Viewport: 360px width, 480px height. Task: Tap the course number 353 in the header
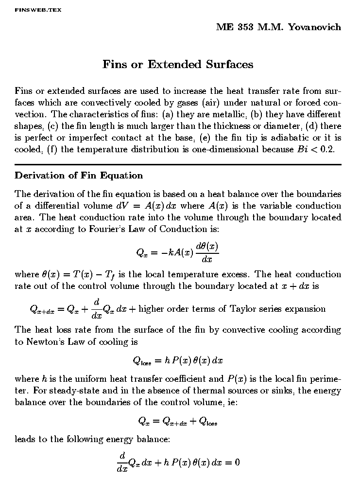(x=246, y=27)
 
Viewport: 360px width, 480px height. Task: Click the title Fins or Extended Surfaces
(x=178, y=65)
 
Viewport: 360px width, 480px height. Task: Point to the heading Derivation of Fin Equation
(x=79, y=176)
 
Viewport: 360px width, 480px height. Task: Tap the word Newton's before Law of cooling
(x=45, y=342)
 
